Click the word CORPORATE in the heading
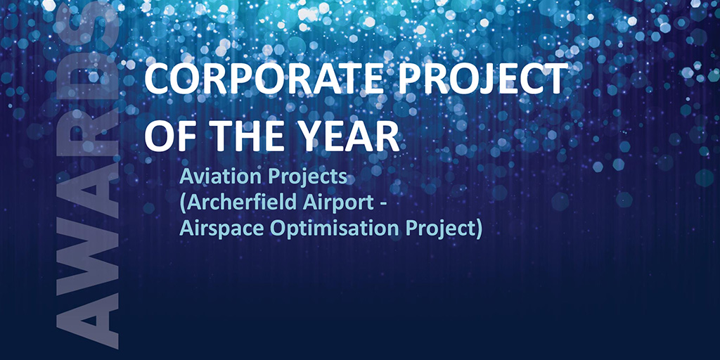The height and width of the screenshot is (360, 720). pyautogui.click(x=263, y=79)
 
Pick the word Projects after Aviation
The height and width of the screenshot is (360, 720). pyautogui.click(x=304, y=179)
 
